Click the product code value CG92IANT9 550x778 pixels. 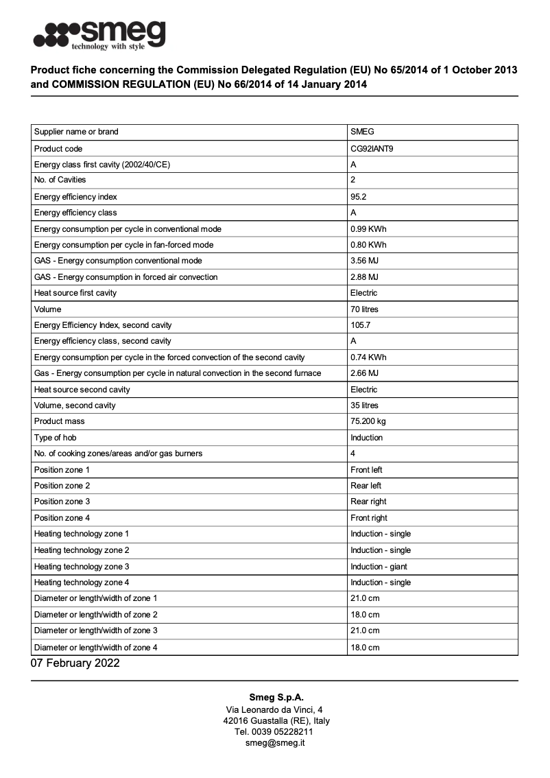(x=373, y=148)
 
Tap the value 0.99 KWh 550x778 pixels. (x=368, y=228)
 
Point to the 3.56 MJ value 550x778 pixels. (x=364, y=261)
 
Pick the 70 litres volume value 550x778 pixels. (x=364, y=309)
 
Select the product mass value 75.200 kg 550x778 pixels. (x=368, y=421)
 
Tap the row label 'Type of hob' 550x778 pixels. (x=56, y=438)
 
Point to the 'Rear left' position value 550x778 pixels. (x=366, y=486)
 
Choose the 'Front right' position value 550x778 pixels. (x=368, y=518)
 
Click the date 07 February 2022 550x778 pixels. (x=75, y=663)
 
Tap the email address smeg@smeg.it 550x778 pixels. (x=275, y=743)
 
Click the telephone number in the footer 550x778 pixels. (x=275, y=732)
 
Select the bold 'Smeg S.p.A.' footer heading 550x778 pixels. (x=275, y=698)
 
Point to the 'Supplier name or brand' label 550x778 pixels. (x=76, y=132)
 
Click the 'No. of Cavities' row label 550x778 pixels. (x=60, y=180)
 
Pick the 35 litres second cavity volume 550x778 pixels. (x=364, y=405)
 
